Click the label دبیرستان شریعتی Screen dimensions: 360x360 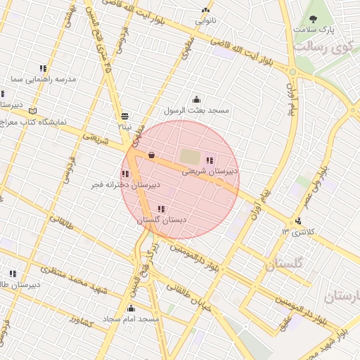[x=210, y=171]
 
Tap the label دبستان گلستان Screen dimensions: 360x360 [x=161, y=220]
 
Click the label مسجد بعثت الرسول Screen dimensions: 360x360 [x=196, y=110]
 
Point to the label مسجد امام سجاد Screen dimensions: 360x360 [x=131, y=319]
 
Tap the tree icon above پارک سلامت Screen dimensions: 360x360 [x=313, y=19]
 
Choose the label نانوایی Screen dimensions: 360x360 [x=205, y=21]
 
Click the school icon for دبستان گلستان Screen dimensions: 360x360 [x=162, y=209]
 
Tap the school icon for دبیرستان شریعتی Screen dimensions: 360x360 [x=210, y=160]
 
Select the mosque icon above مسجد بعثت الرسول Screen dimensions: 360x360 [x=196, y=100]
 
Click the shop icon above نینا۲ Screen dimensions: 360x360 [x=124, y=116]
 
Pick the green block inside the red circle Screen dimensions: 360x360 [x=190, y=155]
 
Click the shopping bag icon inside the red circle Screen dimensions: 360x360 [x=151, y=155]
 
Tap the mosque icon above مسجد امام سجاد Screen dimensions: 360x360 [x=131, y=308]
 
